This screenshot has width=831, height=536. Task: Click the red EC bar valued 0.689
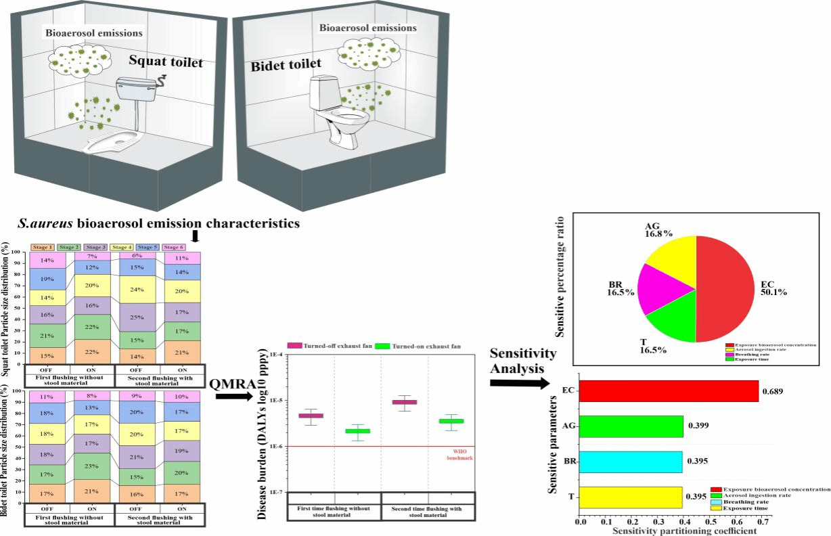pyautogui.click(x=669, y=391)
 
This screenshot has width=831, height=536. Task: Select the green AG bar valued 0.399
pyautogui.click(x=631, y=426)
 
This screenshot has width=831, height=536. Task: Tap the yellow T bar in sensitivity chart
pyautogui.click(x=631, y=497)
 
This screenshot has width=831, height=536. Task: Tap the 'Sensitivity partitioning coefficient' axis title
pyautogui.click(x=683, y=531)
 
